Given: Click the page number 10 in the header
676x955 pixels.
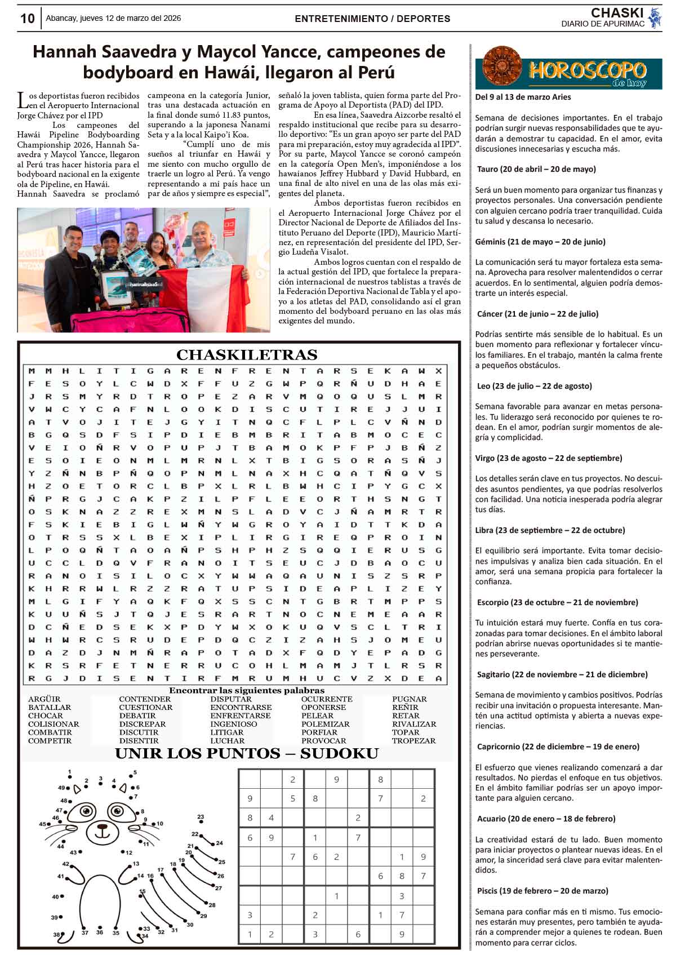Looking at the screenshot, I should pyautogui.click(x=27, y=19).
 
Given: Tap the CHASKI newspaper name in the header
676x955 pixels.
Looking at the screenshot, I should pyautogui.click(x=617, y=13).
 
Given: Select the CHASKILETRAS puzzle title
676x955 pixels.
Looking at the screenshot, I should pyautogui.click(x=247, y=355).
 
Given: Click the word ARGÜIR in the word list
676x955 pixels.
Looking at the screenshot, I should pyautogui.click(x=44, y=699).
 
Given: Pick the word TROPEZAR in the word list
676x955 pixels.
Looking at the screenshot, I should pyautogui.click(x=413, y=741).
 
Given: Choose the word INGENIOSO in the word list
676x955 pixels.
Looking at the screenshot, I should pyautogui.click(x=233, y=724).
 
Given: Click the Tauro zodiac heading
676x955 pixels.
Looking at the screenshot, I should pyautogui.click(x=536, y=169).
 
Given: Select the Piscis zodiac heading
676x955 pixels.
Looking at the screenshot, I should pyautogui.click(x=542, y=891).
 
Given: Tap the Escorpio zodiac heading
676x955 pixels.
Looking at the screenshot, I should pyautogui.click(x=557, y=602).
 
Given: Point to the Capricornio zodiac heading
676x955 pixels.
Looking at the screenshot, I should pyautogui.click(x=558, y=747).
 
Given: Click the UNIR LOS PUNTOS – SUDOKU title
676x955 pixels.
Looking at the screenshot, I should pyautogui.click(x=247, y=754).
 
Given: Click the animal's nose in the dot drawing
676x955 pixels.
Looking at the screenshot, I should pyautogui.click(x=102, y=828).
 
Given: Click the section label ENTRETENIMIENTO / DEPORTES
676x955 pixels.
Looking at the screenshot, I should pyautogui.click(x=372, y=19).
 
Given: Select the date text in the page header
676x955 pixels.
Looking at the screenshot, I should pyautogui.click(x=113, y=18).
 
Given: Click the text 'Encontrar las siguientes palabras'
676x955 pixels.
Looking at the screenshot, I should pyautogui.click(x=247, y=690).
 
